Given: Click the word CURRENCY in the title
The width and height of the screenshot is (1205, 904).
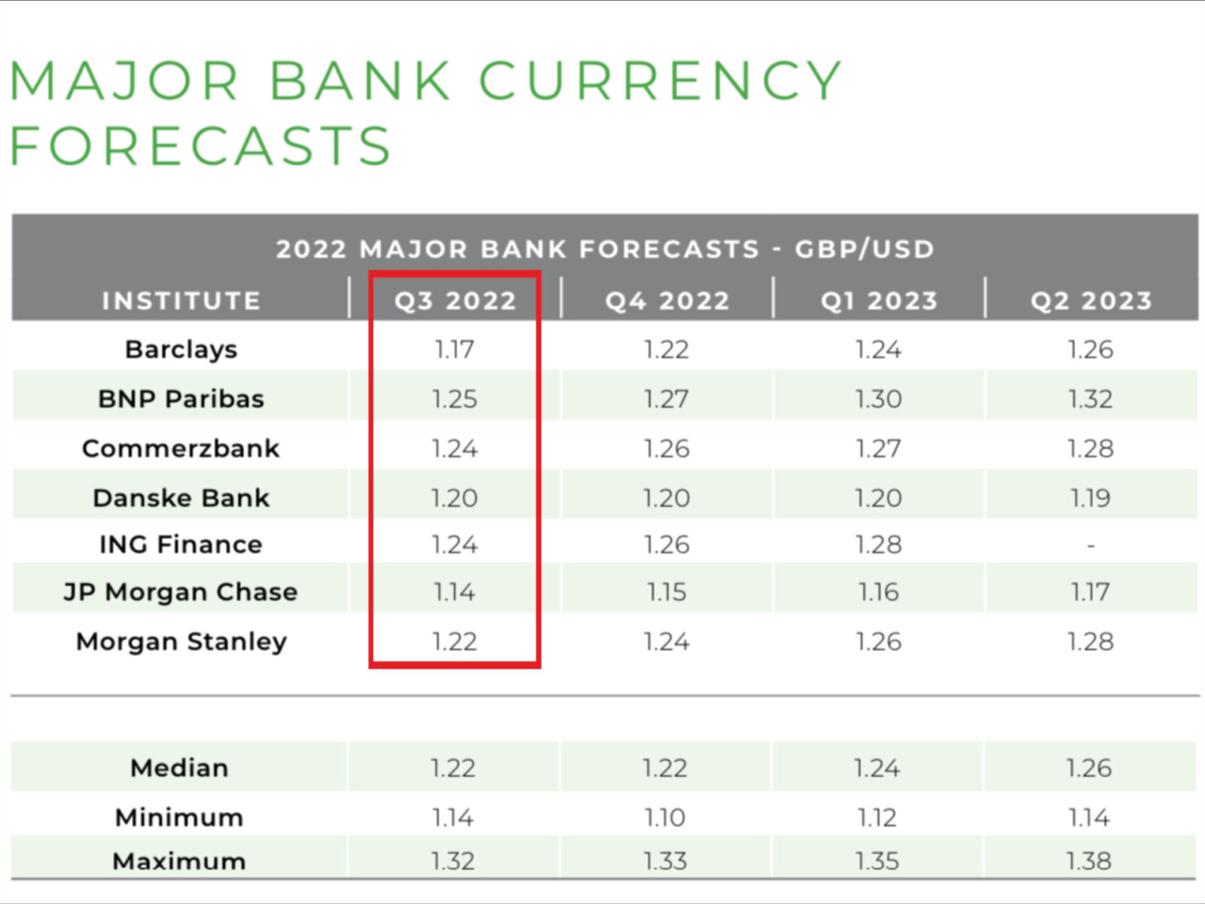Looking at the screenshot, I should coord(660,81).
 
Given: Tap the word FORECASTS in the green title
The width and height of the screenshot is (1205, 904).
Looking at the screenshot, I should coord(200,146).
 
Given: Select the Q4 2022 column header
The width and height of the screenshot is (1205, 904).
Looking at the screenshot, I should coord(667,301).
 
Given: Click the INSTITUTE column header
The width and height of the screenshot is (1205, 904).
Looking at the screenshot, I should coord(182,301).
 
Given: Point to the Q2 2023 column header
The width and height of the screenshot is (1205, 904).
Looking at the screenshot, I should coord(1091,301).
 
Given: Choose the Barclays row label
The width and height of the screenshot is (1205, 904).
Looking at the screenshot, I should coord(182,350).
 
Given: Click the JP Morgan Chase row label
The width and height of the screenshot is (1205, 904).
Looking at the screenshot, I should coord(181,592).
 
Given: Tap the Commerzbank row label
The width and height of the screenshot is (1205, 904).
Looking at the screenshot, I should coord(181,449).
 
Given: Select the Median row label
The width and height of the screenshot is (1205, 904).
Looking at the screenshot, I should coord(179,768).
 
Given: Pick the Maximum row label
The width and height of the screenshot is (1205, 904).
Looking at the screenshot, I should coord(179,861).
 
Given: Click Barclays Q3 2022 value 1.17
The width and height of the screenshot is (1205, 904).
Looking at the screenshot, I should coord(454,350).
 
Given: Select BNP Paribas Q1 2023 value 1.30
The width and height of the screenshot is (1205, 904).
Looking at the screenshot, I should coord(878,399).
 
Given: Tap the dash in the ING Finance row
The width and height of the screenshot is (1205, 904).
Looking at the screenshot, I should coord(1091,545).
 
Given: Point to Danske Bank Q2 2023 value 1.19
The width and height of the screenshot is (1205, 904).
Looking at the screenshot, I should coord(1091,498).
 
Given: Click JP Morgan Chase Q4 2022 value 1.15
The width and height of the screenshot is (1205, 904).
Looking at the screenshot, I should coord(667,592).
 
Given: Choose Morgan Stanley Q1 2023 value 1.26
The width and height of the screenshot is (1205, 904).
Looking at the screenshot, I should coord(878,642).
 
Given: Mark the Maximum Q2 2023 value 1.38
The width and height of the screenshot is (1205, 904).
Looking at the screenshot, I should coord(1089,861).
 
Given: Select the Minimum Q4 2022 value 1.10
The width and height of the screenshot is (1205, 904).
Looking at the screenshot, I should coord(665,817).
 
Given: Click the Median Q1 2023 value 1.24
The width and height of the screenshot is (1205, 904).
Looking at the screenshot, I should coord(877,768).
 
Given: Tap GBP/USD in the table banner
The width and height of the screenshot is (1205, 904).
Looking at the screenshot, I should coord(865,249).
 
